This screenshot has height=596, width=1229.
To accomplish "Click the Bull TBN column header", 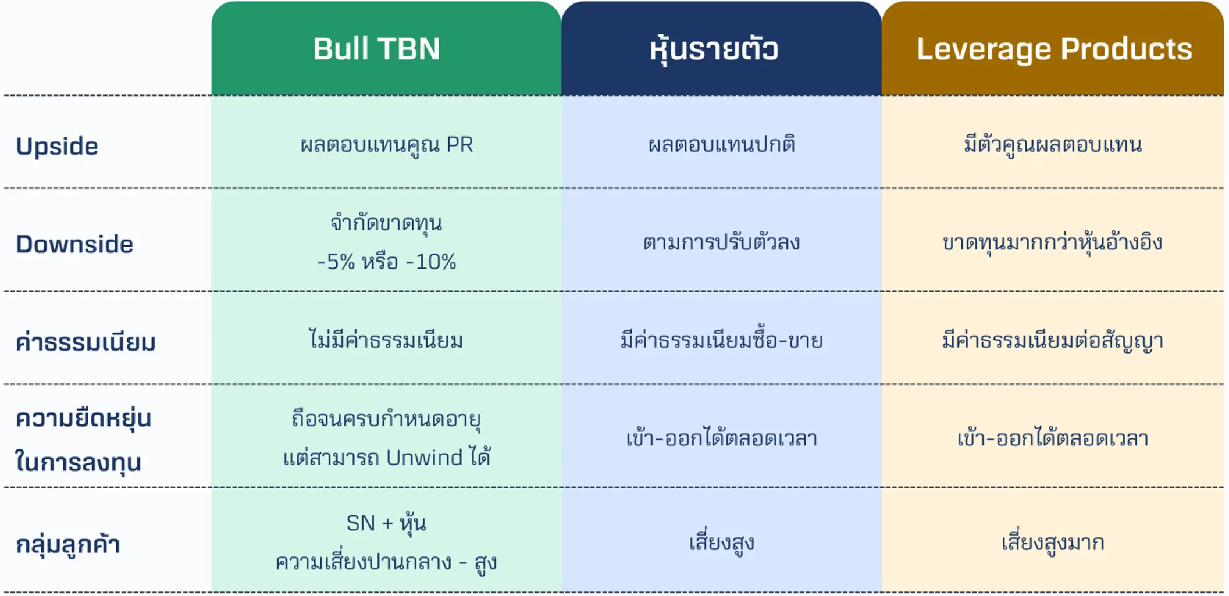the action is click(376, 48).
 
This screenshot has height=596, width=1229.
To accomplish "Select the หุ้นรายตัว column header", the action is click(714, 49).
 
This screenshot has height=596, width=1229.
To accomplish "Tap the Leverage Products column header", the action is click(1054, 49).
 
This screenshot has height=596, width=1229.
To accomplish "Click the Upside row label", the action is click(57, 146).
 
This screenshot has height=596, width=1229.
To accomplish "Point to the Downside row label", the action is click(74, 244).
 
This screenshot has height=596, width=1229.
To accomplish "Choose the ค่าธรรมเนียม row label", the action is click(86, 341).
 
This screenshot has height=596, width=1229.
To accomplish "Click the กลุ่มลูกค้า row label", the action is click(68, 544).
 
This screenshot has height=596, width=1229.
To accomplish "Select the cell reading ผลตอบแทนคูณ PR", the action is click(387, 145).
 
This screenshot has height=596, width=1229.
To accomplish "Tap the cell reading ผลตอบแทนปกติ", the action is click(721, 144).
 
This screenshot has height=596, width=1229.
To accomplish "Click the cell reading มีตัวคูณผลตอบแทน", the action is click(1053, 144).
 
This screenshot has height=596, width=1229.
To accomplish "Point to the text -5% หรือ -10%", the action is click(387, 262).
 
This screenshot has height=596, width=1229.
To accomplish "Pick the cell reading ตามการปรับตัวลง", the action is click(721, 242).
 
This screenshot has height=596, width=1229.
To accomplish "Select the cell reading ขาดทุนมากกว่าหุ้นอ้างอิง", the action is click(1053, 242).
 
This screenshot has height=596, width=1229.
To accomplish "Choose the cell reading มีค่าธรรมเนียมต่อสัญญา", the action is click(1053, 340).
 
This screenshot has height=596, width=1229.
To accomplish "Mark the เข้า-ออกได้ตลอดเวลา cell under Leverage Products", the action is click(1053, 438).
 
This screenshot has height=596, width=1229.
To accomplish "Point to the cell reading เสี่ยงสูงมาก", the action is click(1053, 543).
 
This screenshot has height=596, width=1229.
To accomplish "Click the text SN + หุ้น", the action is click(386, 523).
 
